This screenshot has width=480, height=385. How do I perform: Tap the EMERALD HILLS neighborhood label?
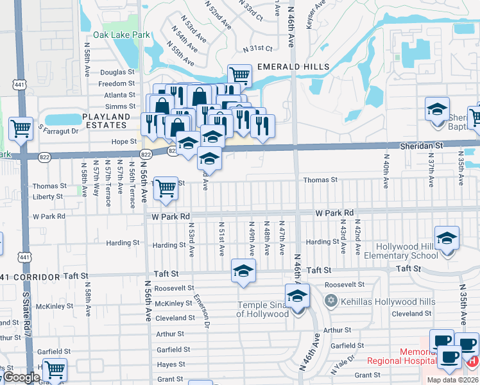pos(293,67)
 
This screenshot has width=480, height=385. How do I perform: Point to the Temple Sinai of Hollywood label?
pos(263,309)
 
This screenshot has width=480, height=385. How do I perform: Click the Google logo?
pos(22,377)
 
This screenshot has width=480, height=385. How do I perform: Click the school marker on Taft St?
pos(243,271)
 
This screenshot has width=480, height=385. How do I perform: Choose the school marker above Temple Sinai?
pos(298,296)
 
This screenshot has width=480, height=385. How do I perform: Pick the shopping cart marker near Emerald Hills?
pos(239,74)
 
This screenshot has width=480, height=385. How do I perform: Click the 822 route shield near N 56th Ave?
pos(146,154)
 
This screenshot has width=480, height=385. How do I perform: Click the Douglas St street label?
pos(117,73)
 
